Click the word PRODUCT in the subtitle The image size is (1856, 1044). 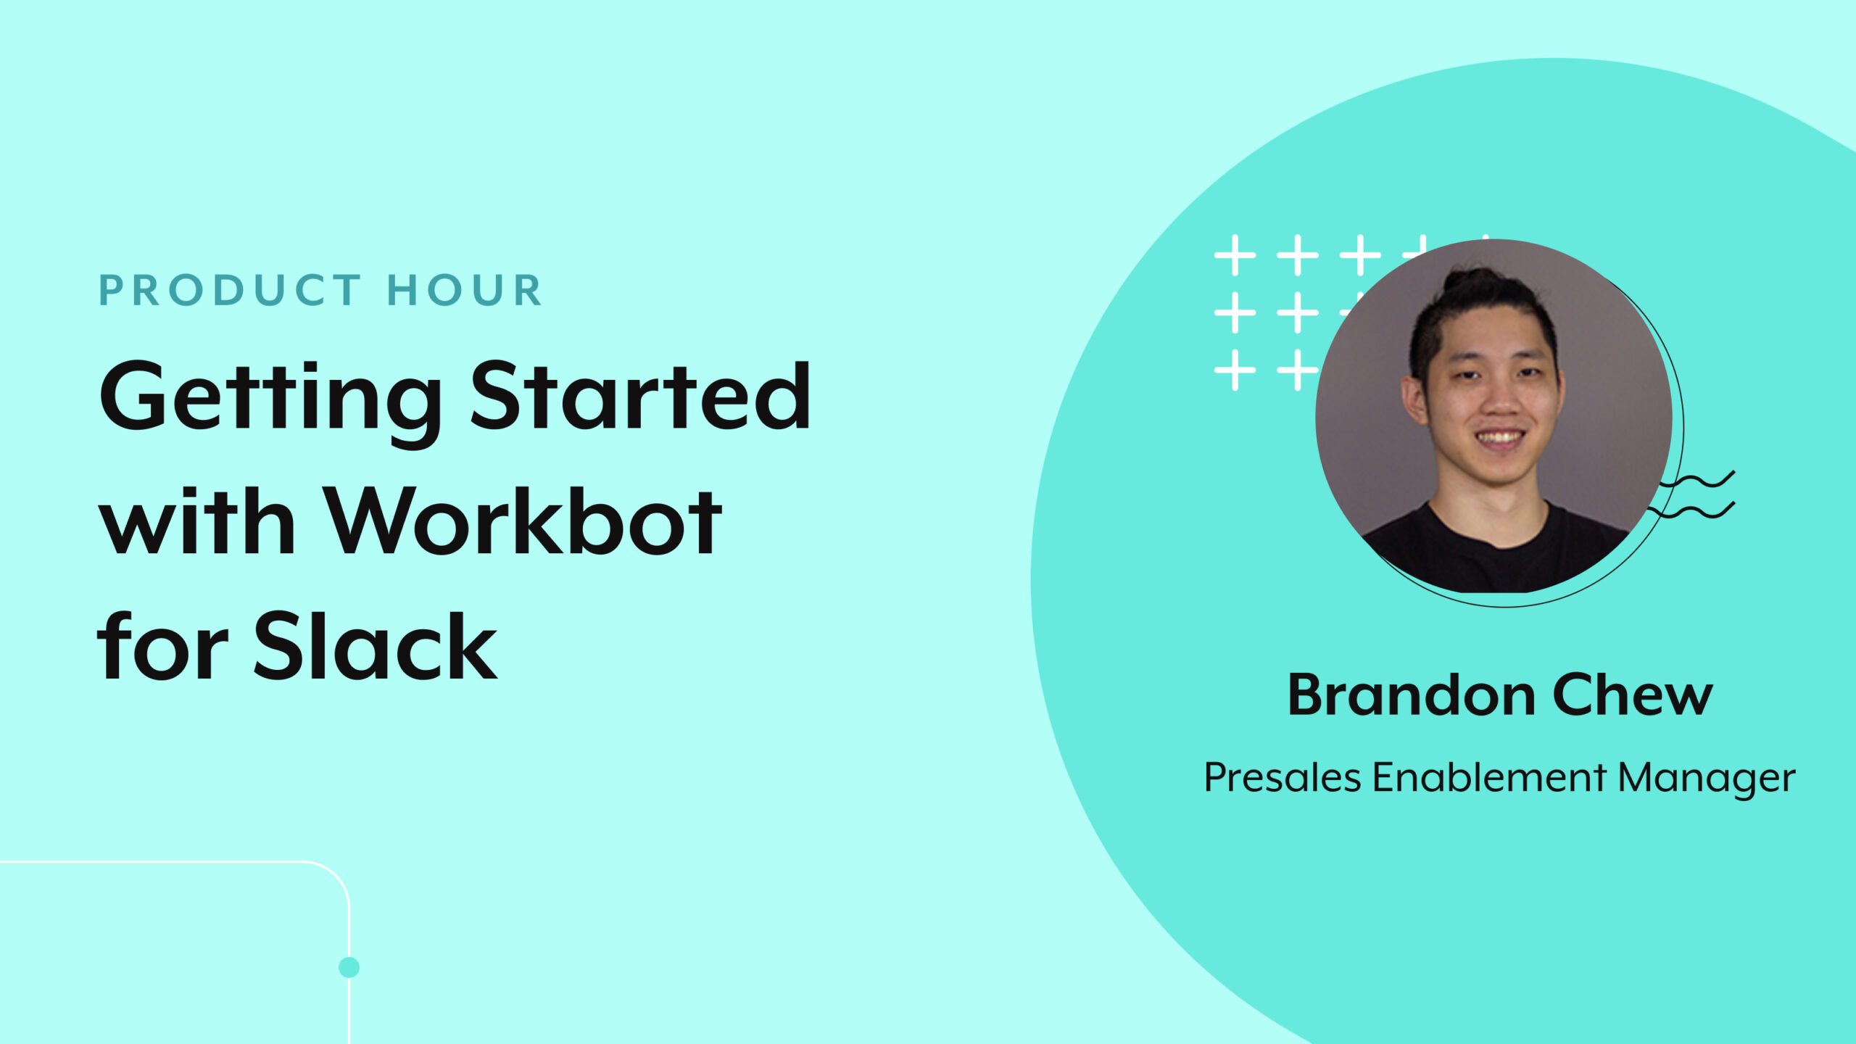(229, 291)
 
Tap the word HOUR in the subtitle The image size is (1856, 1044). (465, 291)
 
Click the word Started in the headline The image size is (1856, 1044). (641, 397)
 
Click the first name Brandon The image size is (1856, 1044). (1410, 695)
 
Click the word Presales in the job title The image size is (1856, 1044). (1283, 778)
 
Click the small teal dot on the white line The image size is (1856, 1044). (349, 967)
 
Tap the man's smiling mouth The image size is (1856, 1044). (1499, 438)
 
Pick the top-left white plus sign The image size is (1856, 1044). (1235, 255)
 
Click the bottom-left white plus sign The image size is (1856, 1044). (1235, 370)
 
